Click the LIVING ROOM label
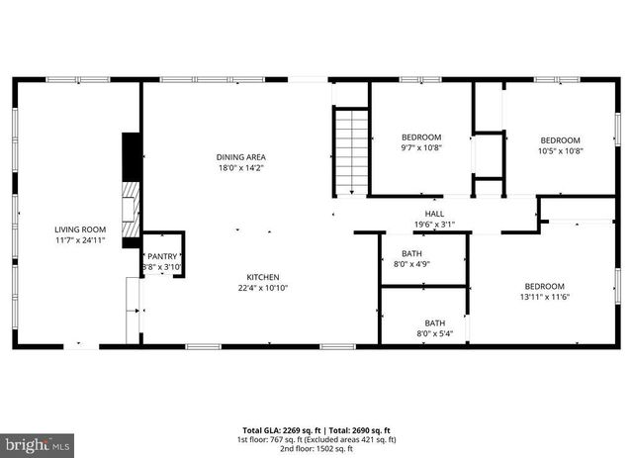click(x=80, y=229)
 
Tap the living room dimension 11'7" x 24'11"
click(x=80, y=240)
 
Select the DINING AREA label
click(x=241, y=157)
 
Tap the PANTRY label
click(x=162, y=255)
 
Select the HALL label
click(x=434, y=214)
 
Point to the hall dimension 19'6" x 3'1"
click(x=434, y=225)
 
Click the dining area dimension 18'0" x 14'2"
click(x=241, y=168)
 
